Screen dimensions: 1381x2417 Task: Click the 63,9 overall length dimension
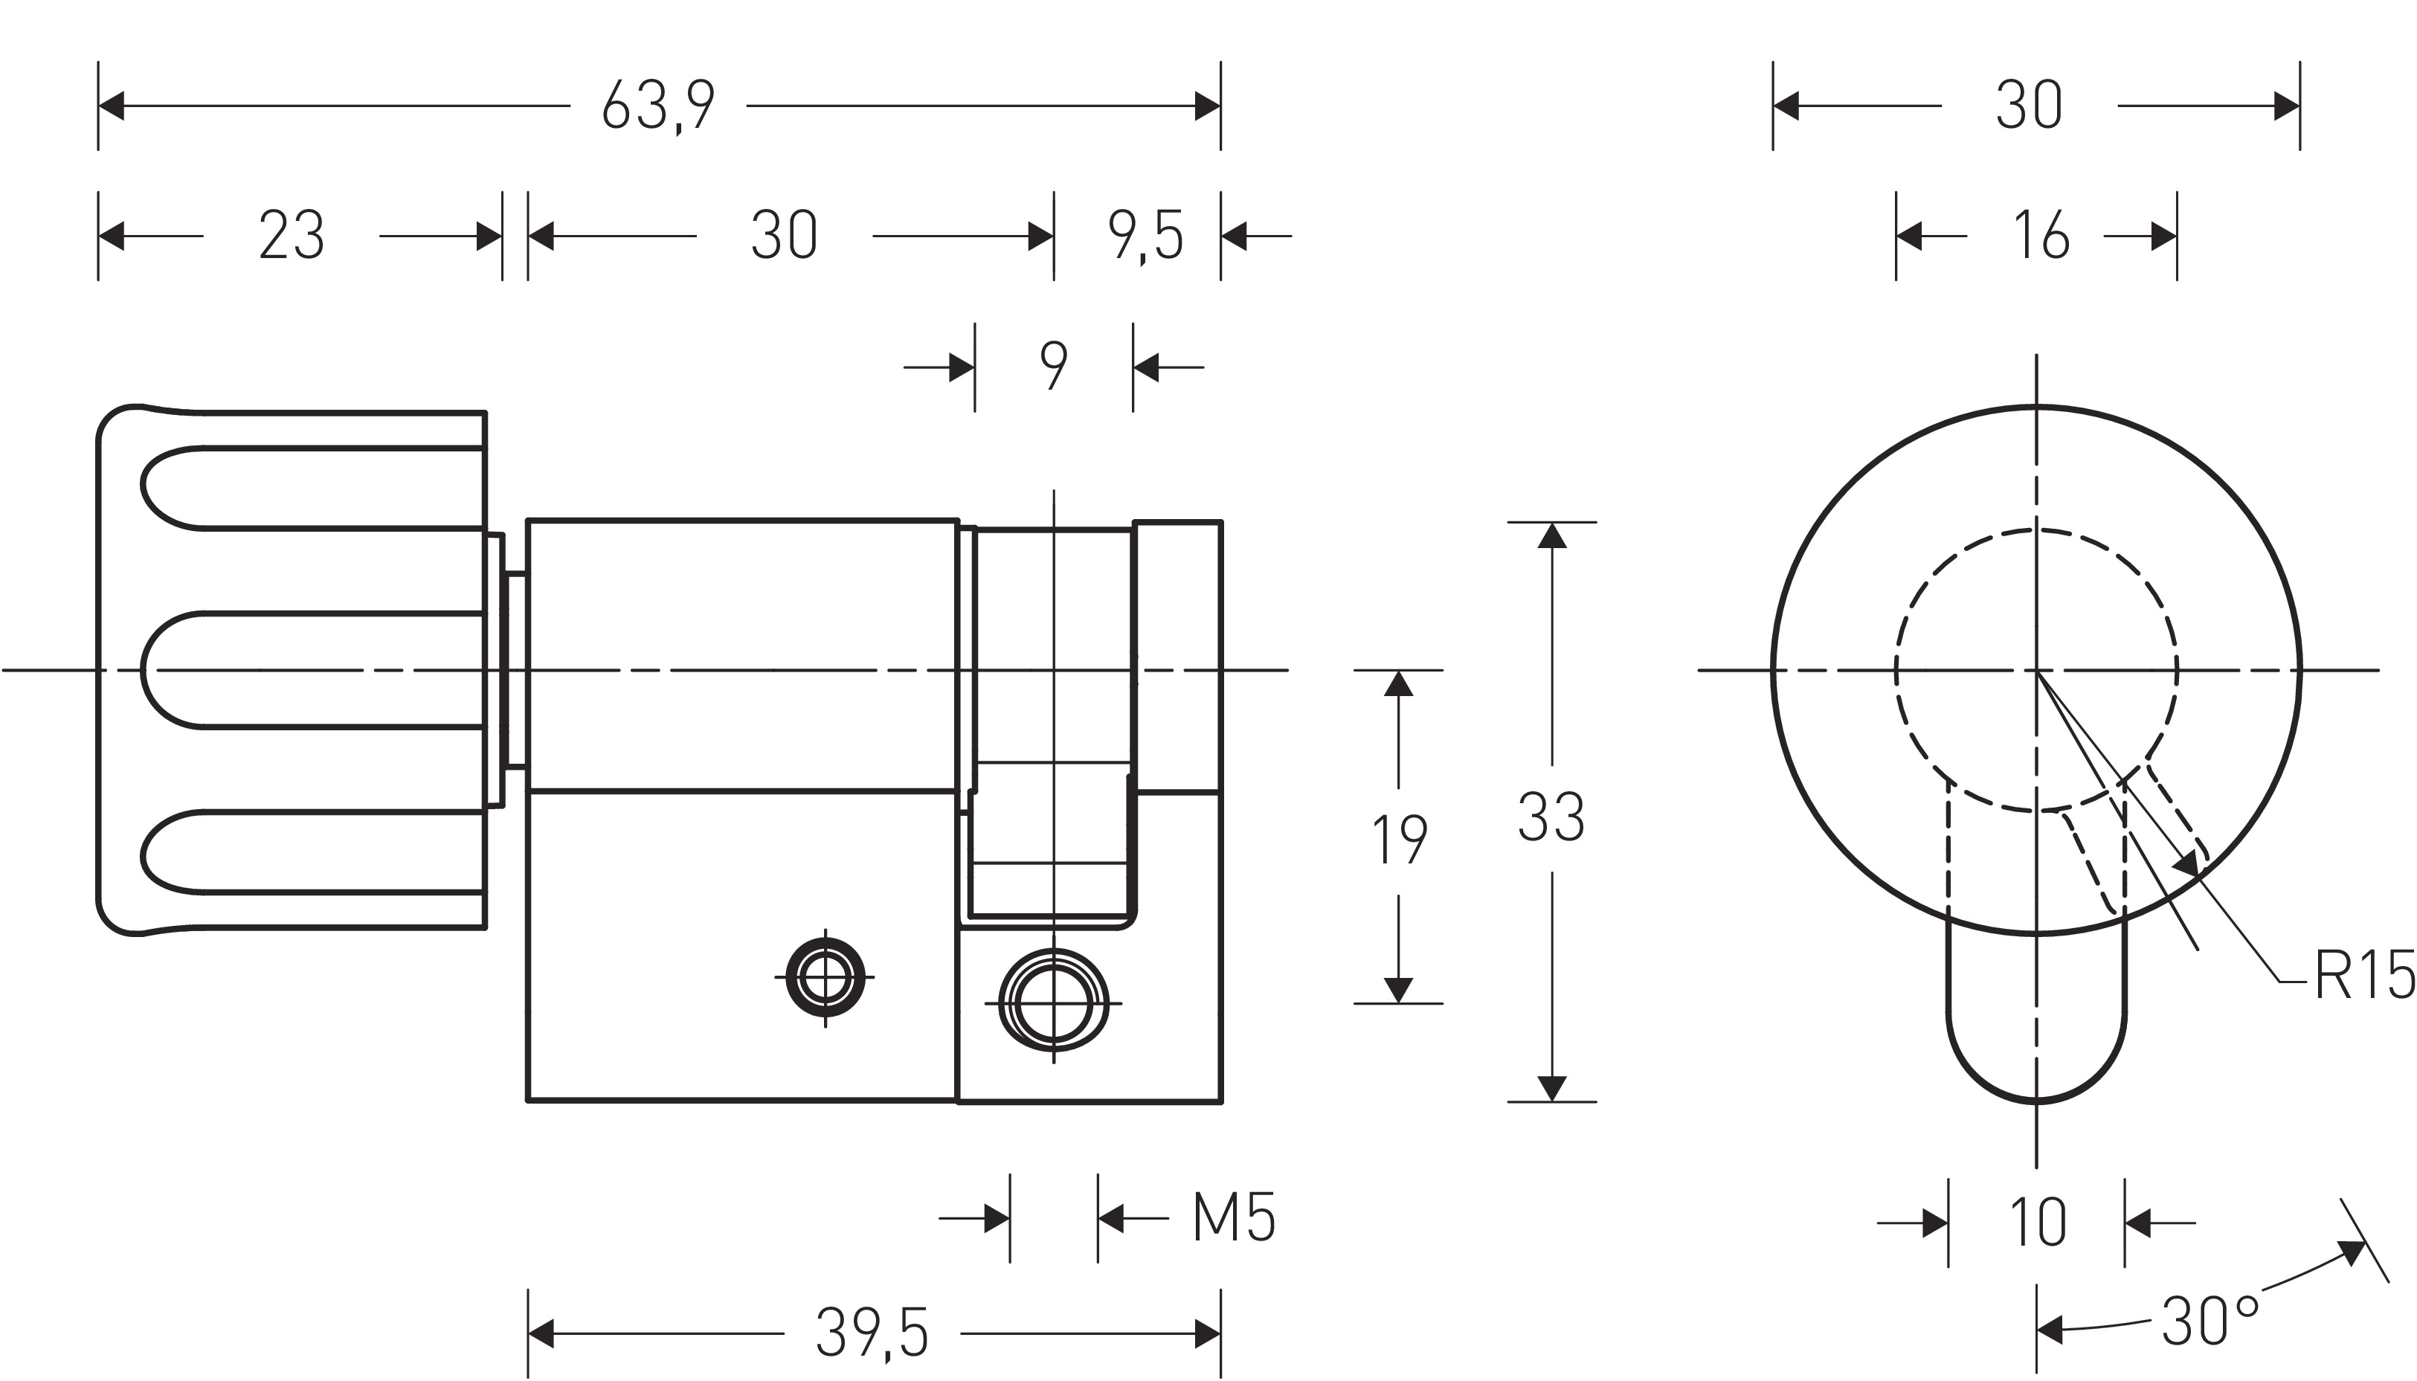click(x=658, y=106)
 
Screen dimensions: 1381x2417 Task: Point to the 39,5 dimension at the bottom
click(x=872, y=1333)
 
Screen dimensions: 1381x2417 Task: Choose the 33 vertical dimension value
click(x=1551, y=817)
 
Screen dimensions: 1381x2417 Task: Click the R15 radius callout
click(x=2364, y=975)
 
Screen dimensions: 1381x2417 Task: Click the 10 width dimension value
click(x=2037, y=1222)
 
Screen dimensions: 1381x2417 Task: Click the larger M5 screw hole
click(x=1054, y=1002)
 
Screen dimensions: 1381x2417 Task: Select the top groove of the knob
click(x=313, y=488)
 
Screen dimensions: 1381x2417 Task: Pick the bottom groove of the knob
click(x=313, y=851)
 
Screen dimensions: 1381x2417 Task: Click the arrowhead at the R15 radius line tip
click(x=2186, y=863)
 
